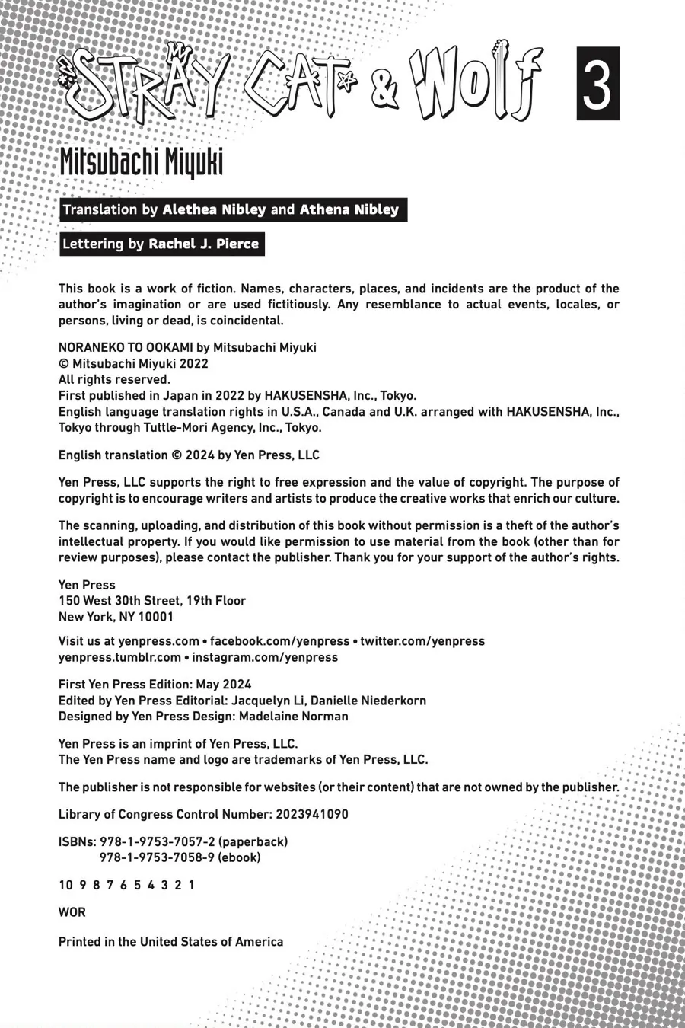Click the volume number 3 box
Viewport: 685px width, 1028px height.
(597, 83)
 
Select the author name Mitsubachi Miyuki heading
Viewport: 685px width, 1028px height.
(141, 161)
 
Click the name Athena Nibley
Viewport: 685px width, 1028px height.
(349, 209)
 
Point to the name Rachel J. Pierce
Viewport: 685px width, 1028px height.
(203, 244)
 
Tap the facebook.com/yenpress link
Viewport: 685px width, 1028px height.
(279, 641)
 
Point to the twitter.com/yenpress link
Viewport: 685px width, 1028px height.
(422, 641)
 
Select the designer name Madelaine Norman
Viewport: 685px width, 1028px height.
(294, 717)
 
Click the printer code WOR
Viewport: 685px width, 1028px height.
(72, 912)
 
